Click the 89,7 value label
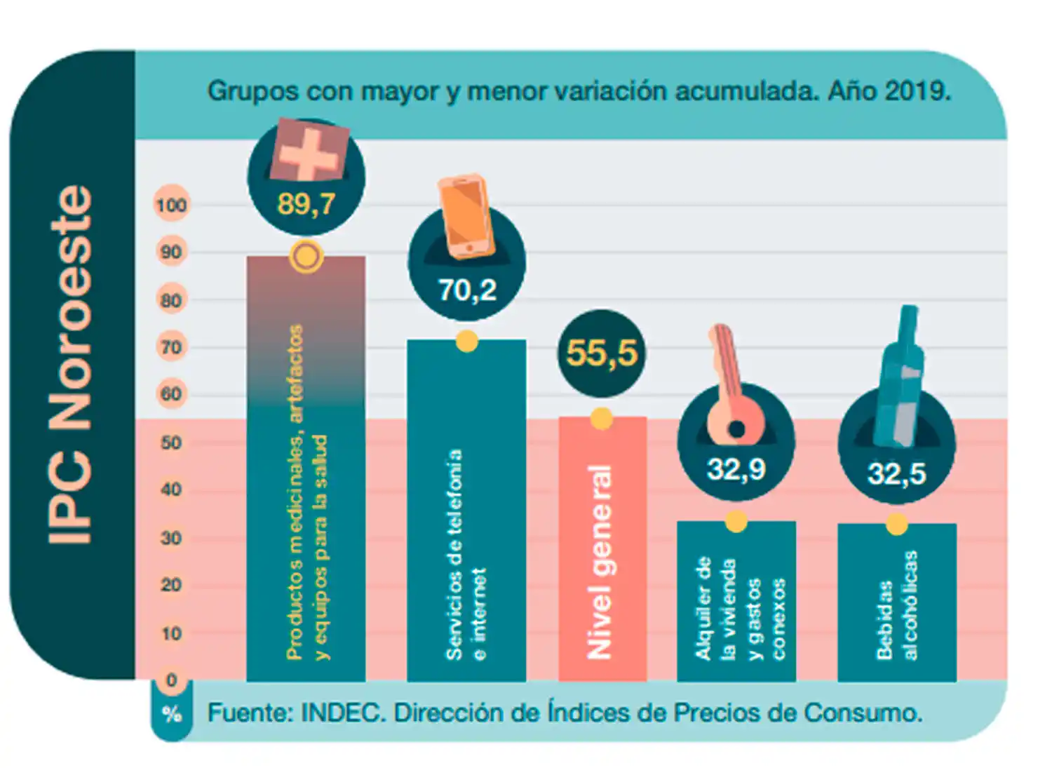tap(306, 204)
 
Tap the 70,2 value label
tap(467, 290)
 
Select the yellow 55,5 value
tap(602, 352)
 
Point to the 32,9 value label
tap(736, 469)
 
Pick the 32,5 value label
tap(896, 473)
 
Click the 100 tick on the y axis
tap(171, 205)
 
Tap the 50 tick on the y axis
tap(171, 443)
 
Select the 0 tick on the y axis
tap(171, 680)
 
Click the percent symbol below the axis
tap(172, 714)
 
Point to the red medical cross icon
tap(309, 151)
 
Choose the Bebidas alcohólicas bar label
tap(896, 605)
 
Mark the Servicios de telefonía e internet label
tap(466, 554)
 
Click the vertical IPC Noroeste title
tap(70, 365)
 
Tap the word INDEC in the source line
tap(343, 713)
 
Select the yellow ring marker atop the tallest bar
tap(306, 257)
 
